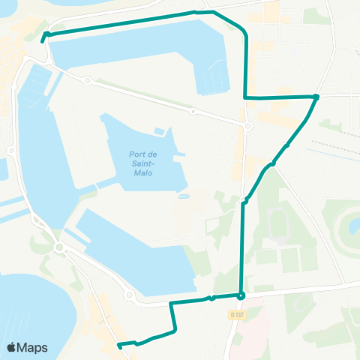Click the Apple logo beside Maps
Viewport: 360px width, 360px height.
11,347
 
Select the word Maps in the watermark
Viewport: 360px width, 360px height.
33,347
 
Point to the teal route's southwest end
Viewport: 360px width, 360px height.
119,345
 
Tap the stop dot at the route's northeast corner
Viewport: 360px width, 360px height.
316,97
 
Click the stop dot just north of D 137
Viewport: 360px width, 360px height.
241,295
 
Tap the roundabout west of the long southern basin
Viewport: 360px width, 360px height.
58,247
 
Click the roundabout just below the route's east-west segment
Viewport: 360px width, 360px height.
248,126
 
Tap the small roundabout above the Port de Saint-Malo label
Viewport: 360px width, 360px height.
193,111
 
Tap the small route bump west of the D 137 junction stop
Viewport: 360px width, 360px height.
213,298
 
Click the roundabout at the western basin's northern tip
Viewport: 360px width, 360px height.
87,80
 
